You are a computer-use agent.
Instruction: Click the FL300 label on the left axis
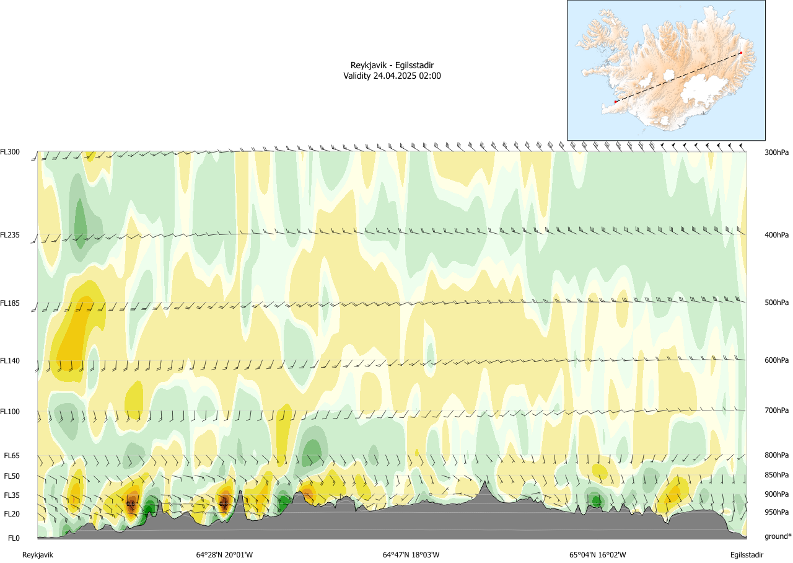(x=11, y=152)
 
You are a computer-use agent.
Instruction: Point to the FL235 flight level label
(x=11, y=235)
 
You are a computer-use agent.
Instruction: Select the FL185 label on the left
(x=11, y=303)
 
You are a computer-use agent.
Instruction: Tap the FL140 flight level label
(x=11, y=360)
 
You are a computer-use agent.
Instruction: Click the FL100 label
(x=11, y=411)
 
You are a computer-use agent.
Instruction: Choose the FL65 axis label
(x=12, y=456)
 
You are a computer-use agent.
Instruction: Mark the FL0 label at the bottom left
(x=12, y=538)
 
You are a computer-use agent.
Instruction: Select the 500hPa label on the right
(x=776, y=303)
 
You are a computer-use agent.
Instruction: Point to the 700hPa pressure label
(x=776, y=411)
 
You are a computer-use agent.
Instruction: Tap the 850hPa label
(x=776, y=476)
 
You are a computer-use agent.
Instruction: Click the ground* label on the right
(x=778, y=536)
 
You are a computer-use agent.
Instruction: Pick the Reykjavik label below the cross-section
(x=38, y=555)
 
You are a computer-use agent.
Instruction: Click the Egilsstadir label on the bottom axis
(x=746, y=555)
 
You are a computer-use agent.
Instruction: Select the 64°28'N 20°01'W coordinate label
(x=224, y=555)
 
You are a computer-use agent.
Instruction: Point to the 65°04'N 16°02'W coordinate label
(x=598, y=555)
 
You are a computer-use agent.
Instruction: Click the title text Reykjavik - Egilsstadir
(x=392, y=66)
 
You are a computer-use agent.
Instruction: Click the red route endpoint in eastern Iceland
(x=741, y=53)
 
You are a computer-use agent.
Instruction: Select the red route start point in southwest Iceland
(x=615, y=102)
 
